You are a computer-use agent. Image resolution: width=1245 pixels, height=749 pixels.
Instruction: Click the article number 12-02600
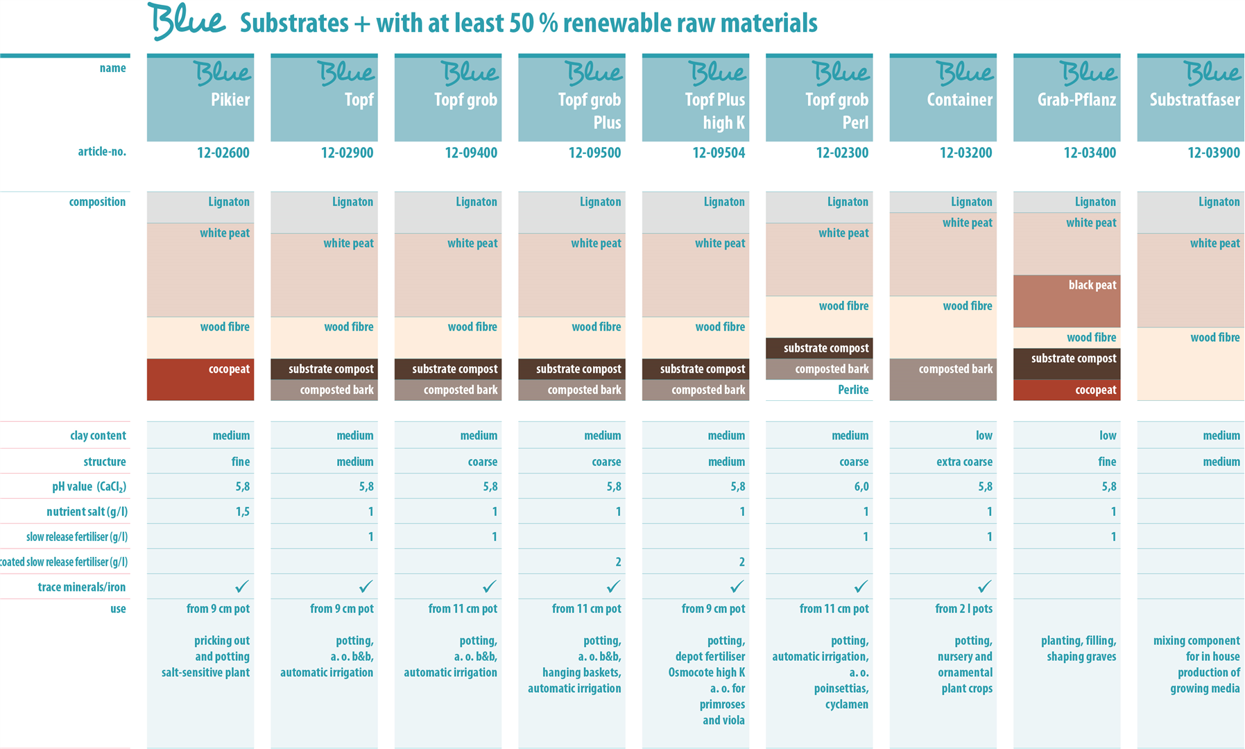[223, 153]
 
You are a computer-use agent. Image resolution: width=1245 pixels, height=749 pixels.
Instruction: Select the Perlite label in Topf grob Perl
[853, 390]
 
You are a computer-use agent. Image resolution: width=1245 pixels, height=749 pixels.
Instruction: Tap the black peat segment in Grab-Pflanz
[1067, 301]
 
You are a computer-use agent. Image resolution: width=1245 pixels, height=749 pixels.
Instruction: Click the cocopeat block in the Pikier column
[200, 379]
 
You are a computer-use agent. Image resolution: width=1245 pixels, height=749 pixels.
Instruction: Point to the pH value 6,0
[861, 487]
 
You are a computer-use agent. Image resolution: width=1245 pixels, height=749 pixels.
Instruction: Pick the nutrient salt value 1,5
[242, 512]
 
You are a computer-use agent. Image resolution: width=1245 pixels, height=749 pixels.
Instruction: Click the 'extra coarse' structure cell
[964, 462]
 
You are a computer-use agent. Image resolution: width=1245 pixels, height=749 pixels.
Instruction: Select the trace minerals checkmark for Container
[984, 587]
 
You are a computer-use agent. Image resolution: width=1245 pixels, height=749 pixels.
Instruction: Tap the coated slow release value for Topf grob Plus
[618, 562]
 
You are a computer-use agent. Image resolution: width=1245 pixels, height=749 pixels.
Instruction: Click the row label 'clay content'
[98, 436]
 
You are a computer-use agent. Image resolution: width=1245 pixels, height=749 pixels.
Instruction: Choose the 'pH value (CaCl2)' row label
[89, 487]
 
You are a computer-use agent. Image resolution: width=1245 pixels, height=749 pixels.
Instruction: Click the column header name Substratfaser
[1194, 100]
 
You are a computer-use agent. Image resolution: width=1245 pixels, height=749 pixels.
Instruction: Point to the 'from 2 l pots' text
[963, 609]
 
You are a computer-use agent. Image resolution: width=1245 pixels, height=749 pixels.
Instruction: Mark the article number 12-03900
[1214, 153]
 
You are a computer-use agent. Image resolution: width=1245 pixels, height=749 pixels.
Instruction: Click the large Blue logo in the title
[187, 21]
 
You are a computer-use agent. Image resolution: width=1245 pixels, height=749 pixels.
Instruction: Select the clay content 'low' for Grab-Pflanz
[1108, 436]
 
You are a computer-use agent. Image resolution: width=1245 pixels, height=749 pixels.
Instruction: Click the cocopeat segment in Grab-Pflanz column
[1067, 390]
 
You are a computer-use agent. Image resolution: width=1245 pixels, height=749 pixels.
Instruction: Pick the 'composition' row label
[97, 202]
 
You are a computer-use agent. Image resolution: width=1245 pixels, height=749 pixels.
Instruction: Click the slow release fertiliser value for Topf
[370, 537]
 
